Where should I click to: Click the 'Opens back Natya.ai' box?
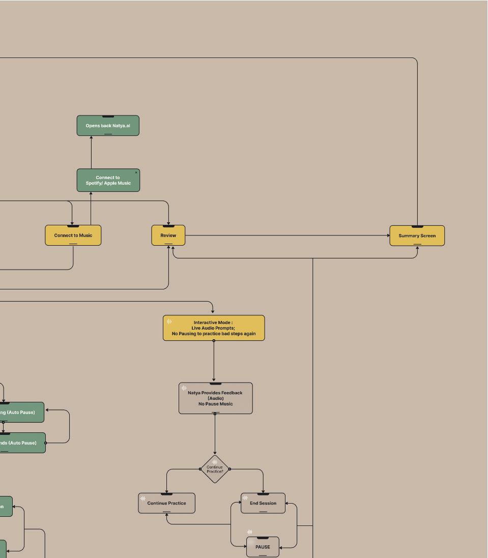click(108, 126)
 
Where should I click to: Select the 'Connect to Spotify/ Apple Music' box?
click(108, 181)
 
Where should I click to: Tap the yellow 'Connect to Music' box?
click(73, 236)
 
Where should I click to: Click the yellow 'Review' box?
click(168, 236)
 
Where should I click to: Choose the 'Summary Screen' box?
click(417, 236)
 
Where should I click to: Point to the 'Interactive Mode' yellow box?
click(214, 328)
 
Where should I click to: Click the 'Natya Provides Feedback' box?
click(215, 398)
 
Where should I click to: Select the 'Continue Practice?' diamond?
click(215, 469)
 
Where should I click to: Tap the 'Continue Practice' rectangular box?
click(166, 503)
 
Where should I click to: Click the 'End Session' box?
click(263, 503)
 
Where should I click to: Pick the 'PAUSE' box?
click(263, 547)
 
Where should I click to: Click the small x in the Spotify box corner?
click(136, 172)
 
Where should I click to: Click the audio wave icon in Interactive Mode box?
click(169, 321)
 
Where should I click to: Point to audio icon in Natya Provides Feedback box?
click(184, 388)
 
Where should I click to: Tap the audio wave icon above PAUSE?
click(249, 532)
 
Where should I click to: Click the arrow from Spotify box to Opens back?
click(92, 152)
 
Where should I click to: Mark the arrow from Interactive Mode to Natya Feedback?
click(214, 361)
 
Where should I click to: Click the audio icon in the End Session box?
click(245, 498)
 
